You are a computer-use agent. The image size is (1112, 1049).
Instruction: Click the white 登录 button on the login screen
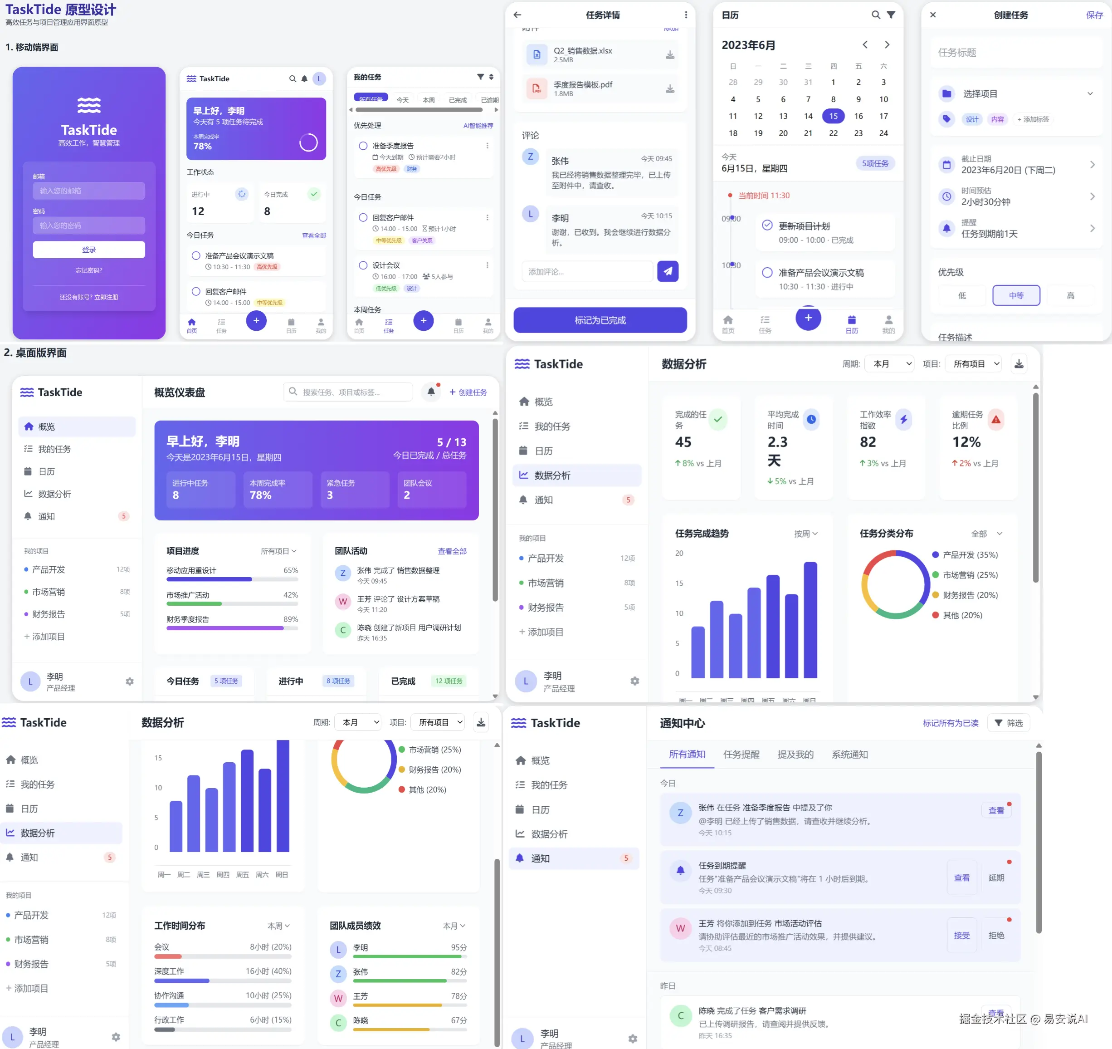tap(89, 250)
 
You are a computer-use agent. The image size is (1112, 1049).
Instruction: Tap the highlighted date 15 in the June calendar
tap(833, 116)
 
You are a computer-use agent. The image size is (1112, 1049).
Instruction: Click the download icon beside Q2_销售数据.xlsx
tap(669, 55)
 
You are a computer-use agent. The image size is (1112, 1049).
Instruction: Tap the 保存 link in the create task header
tap(1094, 15)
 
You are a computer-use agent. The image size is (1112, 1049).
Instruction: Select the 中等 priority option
tap(1016, 295)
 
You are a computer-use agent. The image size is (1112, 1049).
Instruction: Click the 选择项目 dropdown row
tap(1016, 93)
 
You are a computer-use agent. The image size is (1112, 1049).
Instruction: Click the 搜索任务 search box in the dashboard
tap(348, 392)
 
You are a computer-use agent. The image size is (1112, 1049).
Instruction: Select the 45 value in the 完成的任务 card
tap(683, 442)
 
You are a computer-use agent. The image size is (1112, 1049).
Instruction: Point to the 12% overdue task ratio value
tap(966, 442)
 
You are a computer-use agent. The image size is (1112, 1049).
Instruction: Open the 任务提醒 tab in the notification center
tap(741, 755)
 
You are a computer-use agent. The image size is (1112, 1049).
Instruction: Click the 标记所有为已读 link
tap(951, 723)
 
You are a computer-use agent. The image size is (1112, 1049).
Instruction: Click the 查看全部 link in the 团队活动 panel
tap(452, 551)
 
